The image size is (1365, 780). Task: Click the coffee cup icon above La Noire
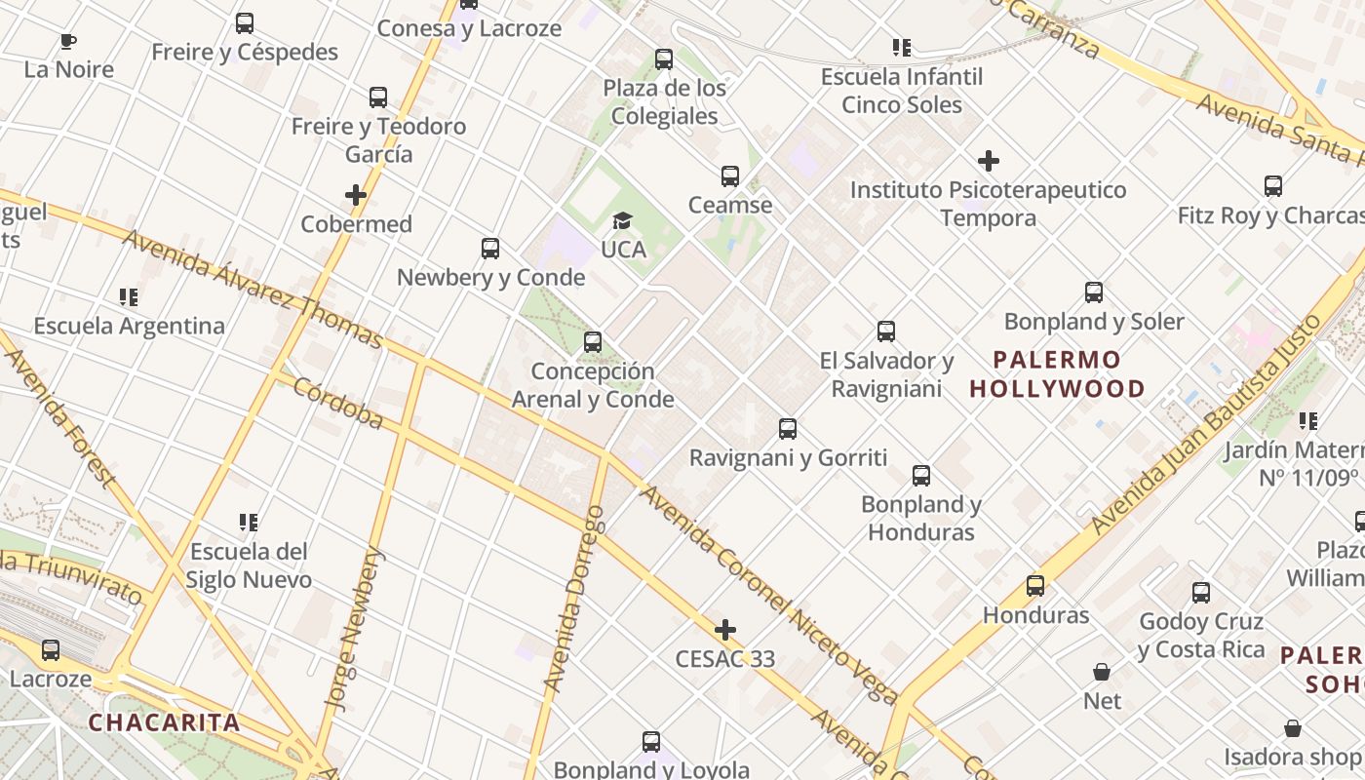tap(67, 41)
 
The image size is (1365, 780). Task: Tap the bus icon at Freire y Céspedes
tap(245, 22)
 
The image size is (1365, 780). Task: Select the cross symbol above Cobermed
tap(356, 195)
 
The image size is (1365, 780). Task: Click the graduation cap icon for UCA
tap(622, 221)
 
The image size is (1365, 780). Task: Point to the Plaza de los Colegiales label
tap(664, 101)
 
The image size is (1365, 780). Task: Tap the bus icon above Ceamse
tap(730, 176)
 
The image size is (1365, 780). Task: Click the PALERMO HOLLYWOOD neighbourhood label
tap(1057, 374)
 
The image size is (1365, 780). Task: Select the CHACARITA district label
tap(164, 722)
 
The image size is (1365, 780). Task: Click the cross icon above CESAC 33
tap(725, 630)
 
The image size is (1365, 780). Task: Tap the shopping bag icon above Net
tap(1102, 672)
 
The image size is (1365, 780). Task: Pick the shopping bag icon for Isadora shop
tap(1293, 728)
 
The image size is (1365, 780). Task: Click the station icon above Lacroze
tap(50, 650)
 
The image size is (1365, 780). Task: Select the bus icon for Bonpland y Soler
tap(1094, 292)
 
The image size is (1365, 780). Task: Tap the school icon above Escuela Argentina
tap(129, 296)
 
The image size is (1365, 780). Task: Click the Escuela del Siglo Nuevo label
tap(249, 565)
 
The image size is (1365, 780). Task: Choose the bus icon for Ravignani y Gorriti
tap(788, 429)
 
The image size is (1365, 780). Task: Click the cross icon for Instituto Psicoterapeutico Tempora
tap(989, 161)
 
